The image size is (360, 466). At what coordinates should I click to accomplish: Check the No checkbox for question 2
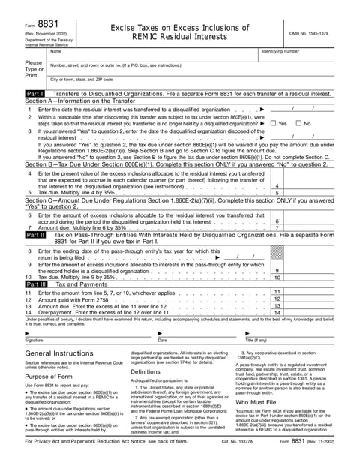(298, 123)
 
